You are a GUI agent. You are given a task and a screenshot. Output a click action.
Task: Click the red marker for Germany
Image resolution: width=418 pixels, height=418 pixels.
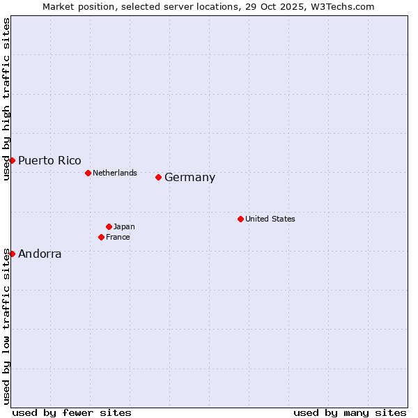[x=159, y=177]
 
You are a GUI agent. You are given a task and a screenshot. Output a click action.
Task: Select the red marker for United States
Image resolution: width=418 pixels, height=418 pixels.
[x=240, y=219]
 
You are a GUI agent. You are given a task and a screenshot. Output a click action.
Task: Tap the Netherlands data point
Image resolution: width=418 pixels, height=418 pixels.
[x=88, y=173]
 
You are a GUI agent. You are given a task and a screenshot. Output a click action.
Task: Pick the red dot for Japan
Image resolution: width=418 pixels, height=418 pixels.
[x=109, y=226]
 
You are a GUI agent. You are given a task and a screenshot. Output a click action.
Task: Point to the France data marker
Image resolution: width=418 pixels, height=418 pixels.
[x=101, y=237]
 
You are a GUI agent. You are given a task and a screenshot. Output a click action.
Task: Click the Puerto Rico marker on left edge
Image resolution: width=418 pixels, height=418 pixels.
[x=12, y=160]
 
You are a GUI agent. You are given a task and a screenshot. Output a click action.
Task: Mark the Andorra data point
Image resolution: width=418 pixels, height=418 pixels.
[x=12, y=254]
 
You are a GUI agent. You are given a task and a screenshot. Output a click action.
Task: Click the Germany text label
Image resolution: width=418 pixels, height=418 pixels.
[x=189, y=178]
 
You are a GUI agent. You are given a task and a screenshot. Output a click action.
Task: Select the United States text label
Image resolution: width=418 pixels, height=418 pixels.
[x=270, y=219]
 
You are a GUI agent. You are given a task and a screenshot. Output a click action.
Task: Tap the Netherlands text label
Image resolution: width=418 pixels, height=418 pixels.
[x=114, y=173]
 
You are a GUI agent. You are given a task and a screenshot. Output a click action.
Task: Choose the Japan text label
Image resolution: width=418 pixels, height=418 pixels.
[x=124, y=226]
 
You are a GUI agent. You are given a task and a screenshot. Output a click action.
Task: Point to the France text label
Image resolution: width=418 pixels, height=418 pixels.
[x=118, y=237]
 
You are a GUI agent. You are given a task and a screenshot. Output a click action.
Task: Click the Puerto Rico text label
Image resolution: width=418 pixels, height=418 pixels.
[x=49, y=161]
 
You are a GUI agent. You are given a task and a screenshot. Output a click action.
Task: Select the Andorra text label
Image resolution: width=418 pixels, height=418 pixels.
[x=40, y=254]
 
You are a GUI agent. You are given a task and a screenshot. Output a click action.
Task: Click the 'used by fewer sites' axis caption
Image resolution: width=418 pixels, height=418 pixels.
[x=72, y=412]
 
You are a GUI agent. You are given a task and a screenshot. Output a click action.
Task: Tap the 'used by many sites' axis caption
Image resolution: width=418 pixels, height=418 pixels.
[x=350, y=412]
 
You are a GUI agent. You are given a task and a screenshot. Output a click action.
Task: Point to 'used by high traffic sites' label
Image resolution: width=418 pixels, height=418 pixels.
[x=6, y=99]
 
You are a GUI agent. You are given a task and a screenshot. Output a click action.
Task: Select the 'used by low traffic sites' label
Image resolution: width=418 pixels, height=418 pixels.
[x=6, y=325]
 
